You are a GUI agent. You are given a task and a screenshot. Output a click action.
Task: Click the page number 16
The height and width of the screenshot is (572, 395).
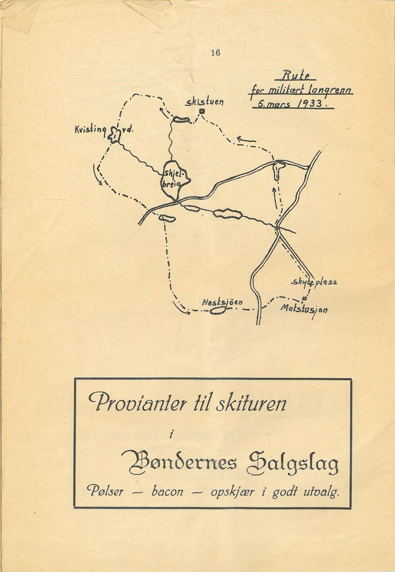coord(215,53)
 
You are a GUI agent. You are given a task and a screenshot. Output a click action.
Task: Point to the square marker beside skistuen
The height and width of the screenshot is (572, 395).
coord(202,112)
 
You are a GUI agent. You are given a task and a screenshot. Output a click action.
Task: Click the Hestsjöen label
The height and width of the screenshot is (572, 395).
coord(222,302)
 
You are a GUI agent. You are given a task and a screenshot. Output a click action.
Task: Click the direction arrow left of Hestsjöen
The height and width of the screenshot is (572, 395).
coord(180,310)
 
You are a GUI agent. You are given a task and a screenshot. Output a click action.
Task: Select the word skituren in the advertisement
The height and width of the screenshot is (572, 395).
coord(251,404)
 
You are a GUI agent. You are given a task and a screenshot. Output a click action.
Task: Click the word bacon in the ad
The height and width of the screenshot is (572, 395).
coord(167,491)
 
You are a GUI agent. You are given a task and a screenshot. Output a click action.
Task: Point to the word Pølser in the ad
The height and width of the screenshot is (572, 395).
coord(105,491)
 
